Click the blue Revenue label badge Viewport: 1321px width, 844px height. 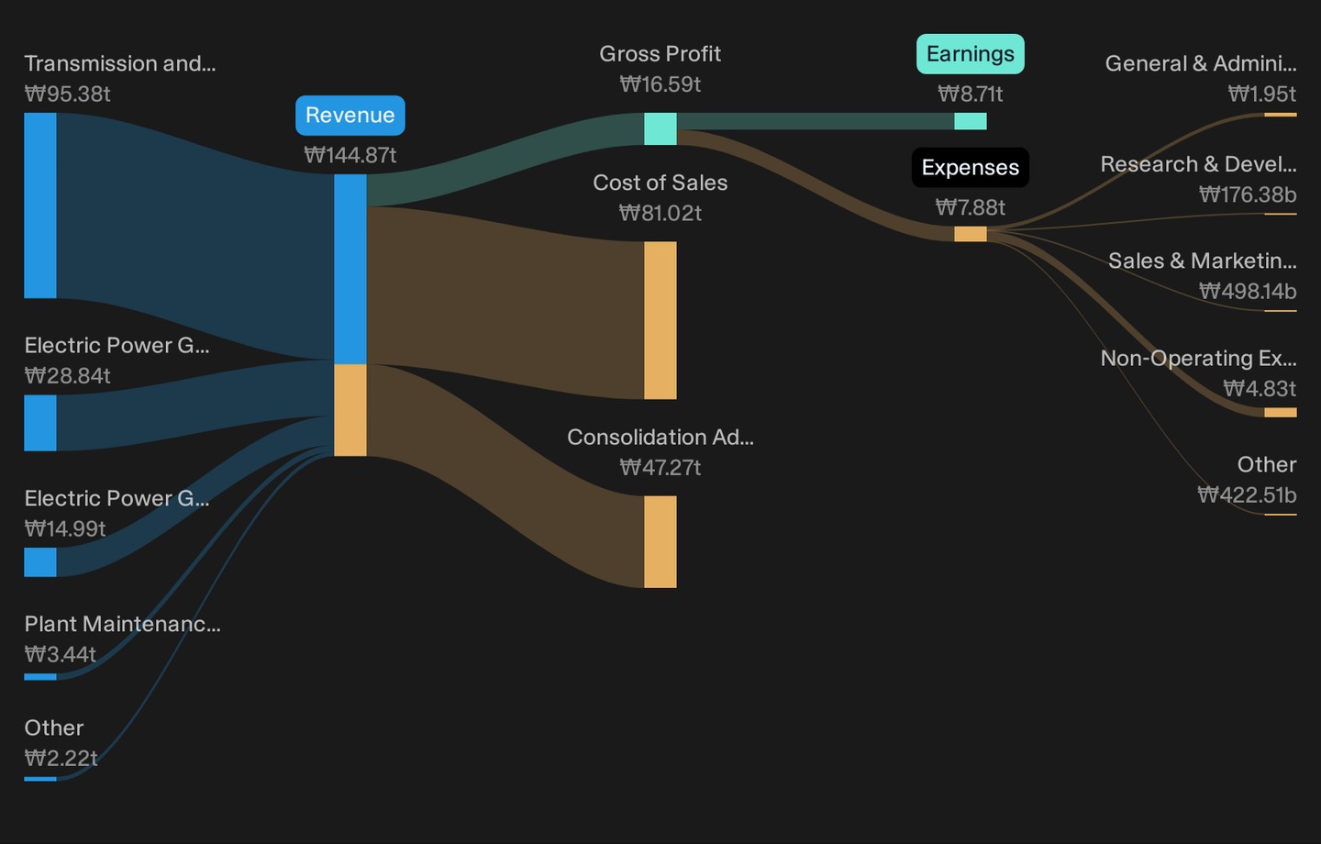coord(350,115)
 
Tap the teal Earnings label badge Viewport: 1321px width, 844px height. coord(971,54)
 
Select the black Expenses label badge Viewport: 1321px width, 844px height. coord(971,168)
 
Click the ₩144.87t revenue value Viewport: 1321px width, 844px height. coord(350,155)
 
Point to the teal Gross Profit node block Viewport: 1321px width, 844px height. coord(660,128)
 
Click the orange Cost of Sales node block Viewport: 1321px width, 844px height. coord(660,320)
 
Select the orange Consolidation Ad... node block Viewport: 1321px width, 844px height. coord(660,541)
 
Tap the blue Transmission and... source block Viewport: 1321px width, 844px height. coord(40,205)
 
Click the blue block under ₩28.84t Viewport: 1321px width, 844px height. coord(40,423)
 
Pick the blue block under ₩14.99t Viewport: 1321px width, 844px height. coord(40,562)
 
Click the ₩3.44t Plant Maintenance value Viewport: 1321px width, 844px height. coord(61,654)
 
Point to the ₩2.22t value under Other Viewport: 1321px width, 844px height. coord(61,758)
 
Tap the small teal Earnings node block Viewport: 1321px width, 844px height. coord(971,121)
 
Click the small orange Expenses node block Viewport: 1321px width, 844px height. coord(971,234)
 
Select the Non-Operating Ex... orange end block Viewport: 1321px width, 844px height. coord(1281,412)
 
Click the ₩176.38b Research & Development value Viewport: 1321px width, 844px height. coord(1248,194)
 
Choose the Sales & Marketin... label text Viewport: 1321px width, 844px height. coord(1203,261)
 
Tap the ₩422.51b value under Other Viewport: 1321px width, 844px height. coord(1247,494)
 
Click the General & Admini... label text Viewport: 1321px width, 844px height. coord(1201,63)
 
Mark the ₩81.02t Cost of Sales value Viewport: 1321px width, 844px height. coord(660,213)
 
